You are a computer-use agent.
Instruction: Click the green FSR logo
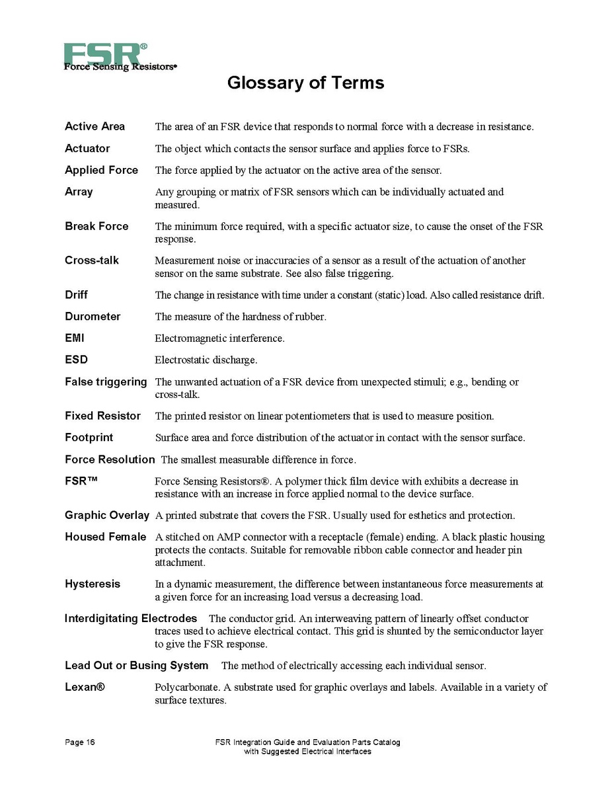tap(105, 54)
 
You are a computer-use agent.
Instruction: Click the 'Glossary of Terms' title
tap(305, 83)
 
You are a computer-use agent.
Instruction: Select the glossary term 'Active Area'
tap(95, 126)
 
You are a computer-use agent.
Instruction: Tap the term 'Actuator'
tap(87, 148)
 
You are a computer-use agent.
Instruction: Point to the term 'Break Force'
tap(96, 226)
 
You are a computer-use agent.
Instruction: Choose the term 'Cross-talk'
tap(92, 260)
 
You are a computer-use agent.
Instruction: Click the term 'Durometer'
tap(93, 317)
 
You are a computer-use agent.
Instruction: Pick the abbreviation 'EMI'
tap(74, 338)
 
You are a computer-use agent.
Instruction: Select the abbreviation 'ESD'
tap(76, 360)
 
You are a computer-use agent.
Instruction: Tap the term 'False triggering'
tap(106, 381)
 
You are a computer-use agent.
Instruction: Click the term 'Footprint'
tap(89, 438)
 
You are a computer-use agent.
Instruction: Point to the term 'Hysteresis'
tap(93, 584)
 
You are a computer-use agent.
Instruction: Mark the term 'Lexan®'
tap(85, 687)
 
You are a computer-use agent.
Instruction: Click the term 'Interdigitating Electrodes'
tap(131, 618)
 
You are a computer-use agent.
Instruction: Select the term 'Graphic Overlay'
tap(107, 515)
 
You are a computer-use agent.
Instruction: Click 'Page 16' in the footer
tap(79, 742)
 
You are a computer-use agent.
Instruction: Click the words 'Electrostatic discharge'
tap(206, 360)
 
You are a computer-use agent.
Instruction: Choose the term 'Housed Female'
tap(106, 537)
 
